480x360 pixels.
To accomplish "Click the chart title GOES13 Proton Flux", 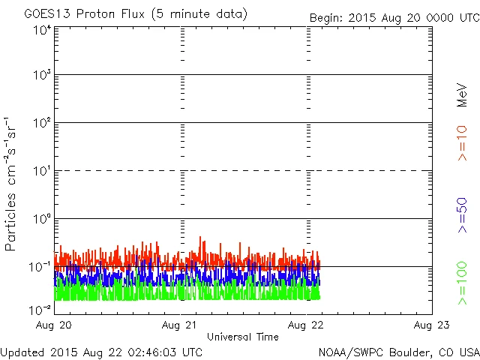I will [136, 14].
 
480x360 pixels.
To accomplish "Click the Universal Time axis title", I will [242, 337].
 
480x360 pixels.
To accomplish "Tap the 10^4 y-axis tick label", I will [42, 29].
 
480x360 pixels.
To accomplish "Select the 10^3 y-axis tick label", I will [42, 76].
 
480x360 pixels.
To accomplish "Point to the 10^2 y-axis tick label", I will [42, 124].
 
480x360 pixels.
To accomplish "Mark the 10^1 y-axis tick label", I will [42, 172].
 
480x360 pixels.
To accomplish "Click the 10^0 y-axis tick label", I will [42, 220].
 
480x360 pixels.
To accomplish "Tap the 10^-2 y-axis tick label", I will [42, 308].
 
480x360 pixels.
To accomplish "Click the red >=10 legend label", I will [462, 142].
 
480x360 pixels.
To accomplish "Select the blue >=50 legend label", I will [462, 217].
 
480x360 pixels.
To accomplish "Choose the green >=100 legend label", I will [462, 282].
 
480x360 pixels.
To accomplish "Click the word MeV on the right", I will [462, 94].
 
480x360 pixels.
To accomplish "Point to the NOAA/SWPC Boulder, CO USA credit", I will [398, 351].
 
